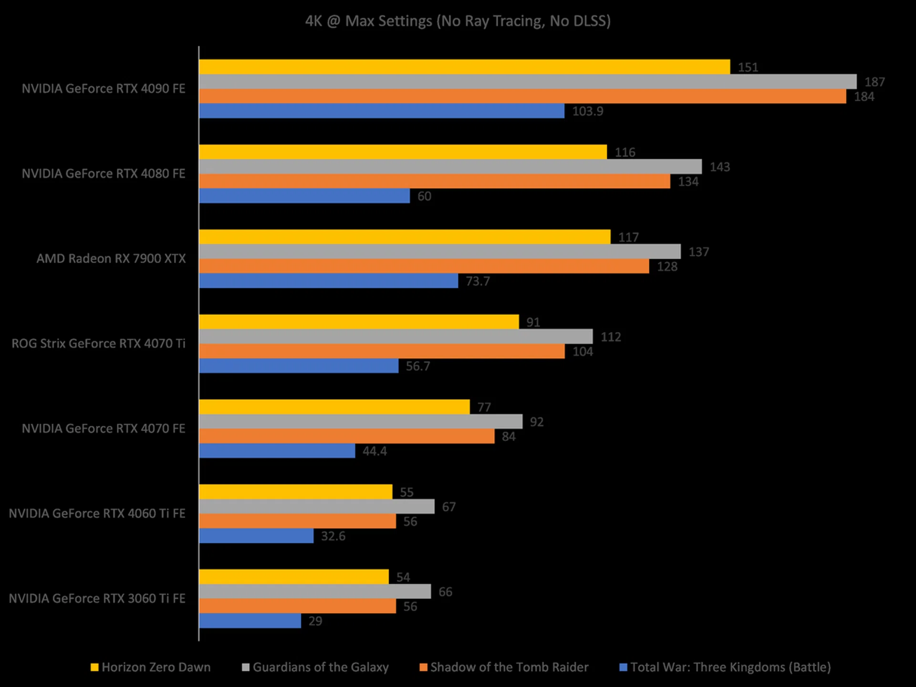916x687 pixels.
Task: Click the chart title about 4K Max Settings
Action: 458,21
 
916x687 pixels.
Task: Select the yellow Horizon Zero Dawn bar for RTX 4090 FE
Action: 464,67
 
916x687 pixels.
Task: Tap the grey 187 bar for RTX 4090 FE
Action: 528,82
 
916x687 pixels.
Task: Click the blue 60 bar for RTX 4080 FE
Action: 304,196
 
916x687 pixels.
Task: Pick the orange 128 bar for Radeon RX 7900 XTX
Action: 424,266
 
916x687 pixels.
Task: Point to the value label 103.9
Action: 587,111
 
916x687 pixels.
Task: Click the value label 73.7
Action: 478,281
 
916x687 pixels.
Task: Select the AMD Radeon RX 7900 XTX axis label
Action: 111,259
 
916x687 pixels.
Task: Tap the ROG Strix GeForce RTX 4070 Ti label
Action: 98,343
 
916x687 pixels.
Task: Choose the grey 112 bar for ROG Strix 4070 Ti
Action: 396,336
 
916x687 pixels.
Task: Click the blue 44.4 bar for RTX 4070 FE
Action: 277,450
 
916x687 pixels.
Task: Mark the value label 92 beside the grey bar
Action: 536,422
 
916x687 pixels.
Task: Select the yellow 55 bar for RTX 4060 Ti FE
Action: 296,491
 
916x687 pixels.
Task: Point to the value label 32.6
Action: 333,536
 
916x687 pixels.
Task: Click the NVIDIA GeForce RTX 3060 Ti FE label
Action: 97,598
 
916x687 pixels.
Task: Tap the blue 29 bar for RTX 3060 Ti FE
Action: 250,621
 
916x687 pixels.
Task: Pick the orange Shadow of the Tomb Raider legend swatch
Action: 423,667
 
